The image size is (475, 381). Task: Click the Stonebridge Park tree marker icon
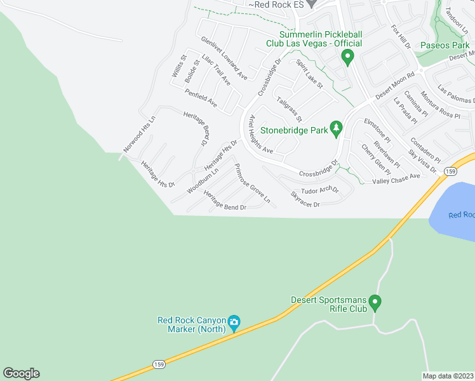[x=337, y=130]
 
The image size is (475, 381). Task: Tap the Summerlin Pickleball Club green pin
[x=347, y=58]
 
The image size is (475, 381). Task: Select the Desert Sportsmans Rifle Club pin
[x=375, y=304]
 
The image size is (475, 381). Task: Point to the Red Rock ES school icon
[x=311, y=3]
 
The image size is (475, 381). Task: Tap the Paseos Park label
[x=445, y=45]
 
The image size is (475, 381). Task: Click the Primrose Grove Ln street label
[x=252, y=184]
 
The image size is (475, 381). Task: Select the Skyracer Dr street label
[x=305, y=199]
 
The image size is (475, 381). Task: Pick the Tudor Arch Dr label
[x=320, y=190]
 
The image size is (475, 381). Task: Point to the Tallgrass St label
[x=289, y=109]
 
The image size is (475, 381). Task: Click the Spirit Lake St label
[x=310, y=74]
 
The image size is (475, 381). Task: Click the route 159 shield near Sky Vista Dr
[x=450, y=171]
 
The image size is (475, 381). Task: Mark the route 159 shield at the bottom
[x=159, y=364]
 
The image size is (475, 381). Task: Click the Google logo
[x=21, y=373]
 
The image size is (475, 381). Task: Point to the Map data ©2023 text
[x=448, y=376]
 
